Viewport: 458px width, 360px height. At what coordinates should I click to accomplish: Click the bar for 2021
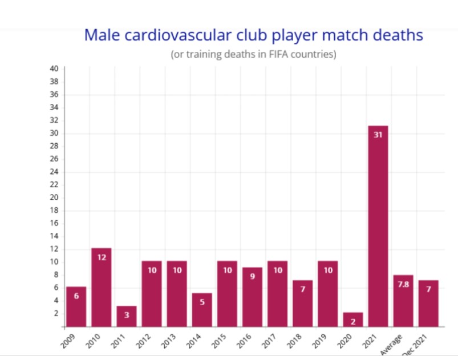(x=378, y=228)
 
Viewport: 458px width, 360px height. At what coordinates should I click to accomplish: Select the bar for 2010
(x=101, y=288)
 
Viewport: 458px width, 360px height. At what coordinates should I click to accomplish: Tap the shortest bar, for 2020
(x=352, y=320)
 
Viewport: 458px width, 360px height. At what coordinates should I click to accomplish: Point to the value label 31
(x=378, y=135)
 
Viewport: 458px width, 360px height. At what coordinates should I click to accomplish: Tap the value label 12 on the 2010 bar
(x=101, y=257)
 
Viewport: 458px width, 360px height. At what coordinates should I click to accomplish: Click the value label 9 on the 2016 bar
(x=252, y=277)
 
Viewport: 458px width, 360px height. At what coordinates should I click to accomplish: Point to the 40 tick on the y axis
(x=54, y=68)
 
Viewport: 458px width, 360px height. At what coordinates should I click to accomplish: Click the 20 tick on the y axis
(x=54, y=197)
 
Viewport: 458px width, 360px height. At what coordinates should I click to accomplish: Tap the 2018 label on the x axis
(x=295, y=340)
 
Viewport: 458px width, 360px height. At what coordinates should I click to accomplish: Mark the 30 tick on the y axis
(x=54, y=133)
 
